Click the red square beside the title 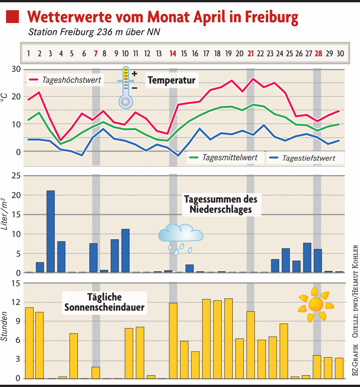(12, 17)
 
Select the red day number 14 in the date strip (173, 54)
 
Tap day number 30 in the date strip (340, 54)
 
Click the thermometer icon (126, 88)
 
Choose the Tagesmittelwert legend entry (225, 158)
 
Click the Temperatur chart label (172, 80)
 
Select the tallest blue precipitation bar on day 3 (50, 231)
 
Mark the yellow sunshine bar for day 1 (29, 343)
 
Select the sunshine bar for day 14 (173, 341)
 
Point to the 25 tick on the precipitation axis (16, 176)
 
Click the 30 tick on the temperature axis (16, 69)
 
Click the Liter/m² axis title (5, 214)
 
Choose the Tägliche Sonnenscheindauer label (104, 302)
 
